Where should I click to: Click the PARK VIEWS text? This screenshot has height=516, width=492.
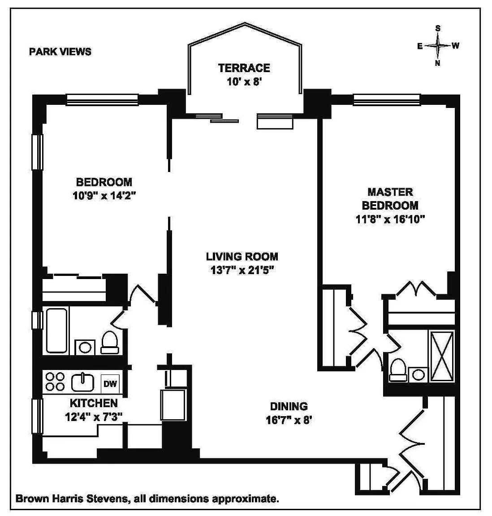60,52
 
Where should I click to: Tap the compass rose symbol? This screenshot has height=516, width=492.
438,46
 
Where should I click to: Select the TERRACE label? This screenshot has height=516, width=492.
244,68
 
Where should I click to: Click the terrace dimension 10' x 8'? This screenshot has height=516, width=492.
244,82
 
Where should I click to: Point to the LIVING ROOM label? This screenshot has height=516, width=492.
242,256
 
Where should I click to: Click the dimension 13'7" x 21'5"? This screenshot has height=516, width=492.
242,270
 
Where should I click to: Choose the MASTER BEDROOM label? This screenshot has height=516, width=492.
390,198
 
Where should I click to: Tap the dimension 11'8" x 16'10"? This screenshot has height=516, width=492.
390,219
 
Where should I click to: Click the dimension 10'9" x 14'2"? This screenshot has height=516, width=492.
104,196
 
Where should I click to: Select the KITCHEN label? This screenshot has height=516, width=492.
94,403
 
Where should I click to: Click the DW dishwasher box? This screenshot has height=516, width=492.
110,384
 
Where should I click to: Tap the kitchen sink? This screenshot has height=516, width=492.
82,382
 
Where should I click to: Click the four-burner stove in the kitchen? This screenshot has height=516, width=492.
55,382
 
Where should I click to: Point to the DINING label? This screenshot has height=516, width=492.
289,406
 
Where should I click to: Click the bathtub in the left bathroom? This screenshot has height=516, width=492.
57,331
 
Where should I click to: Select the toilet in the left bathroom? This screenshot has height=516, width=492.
110,342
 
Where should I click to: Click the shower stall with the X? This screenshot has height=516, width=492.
442,357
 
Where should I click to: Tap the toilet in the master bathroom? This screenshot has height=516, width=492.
397,370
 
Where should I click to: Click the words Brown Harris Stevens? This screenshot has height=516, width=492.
71,499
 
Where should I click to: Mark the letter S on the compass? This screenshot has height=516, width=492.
438,28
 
